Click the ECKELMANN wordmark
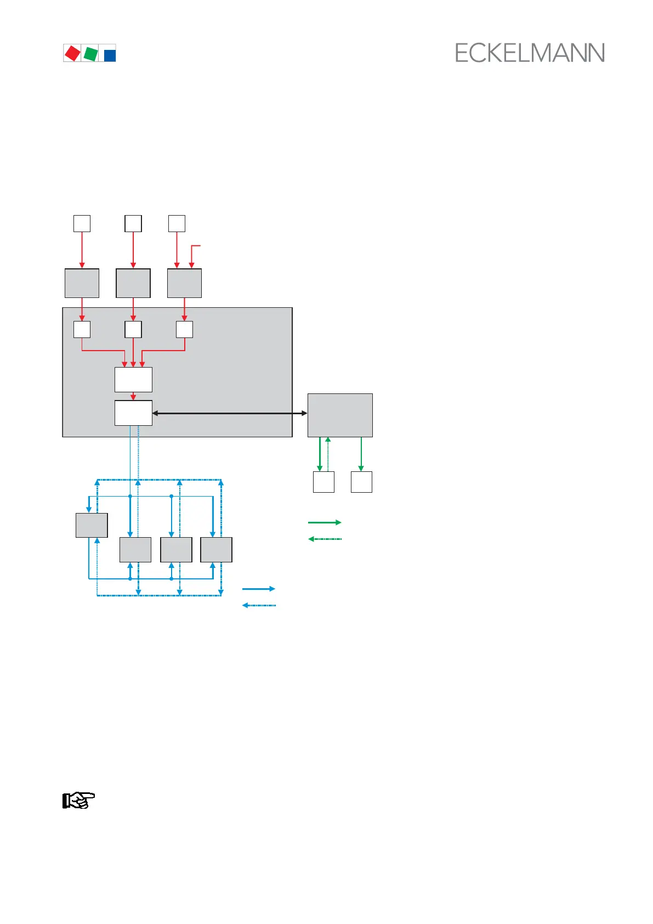point(530,53)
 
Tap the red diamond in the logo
point(72,53)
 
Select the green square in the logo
point(90,54)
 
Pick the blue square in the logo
point(110,55)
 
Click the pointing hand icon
point(78,801)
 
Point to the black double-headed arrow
point(230,413)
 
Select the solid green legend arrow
point(325,522)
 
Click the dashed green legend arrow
point(325,539)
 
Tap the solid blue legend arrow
point(259,589)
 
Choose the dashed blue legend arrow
point(259,605)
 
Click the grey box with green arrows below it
point(340,415)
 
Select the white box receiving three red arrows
point(133,380)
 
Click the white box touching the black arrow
point(133,413)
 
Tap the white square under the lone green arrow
point(361,482)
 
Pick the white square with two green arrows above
point(323,482)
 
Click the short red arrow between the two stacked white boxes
point(133,396)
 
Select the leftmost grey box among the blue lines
point(92,525)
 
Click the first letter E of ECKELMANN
point(462,53)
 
